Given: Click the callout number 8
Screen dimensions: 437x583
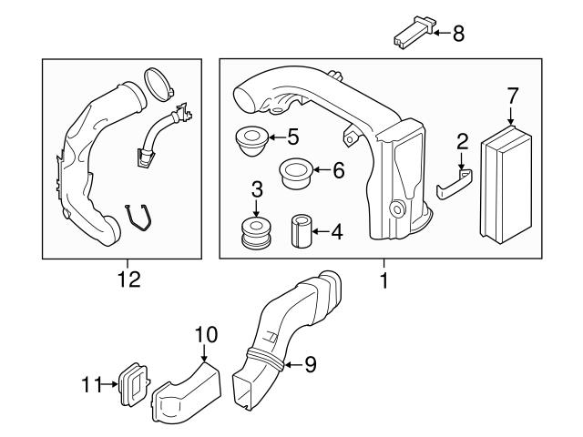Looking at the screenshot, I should [458, 35].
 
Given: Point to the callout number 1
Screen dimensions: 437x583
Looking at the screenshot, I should [384, 280].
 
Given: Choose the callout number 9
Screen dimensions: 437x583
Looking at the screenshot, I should [310, 365].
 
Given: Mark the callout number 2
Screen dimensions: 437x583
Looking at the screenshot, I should [462, 141].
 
